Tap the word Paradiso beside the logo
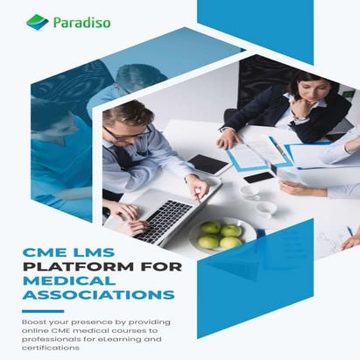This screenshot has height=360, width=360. pyautogui.click(x=81, y=21)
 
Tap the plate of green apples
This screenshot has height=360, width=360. pyautogui.click(x=220, y=236)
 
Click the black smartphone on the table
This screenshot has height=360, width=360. pyautogui.click(x=259, y=177)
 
